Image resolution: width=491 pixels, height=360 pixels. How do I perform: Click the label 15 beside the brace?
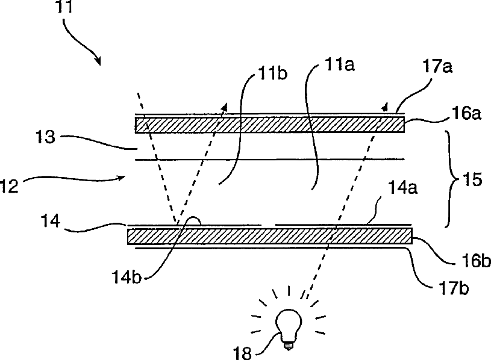(469, 180)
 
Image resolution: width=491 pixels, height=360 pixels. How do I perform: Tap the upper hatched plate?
(269, 125)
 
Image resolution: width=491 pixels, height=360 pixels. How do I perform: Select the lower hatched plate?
(269, 236)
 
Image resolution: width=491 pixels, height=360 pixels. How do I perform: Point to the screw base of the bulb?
(289, 343)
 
